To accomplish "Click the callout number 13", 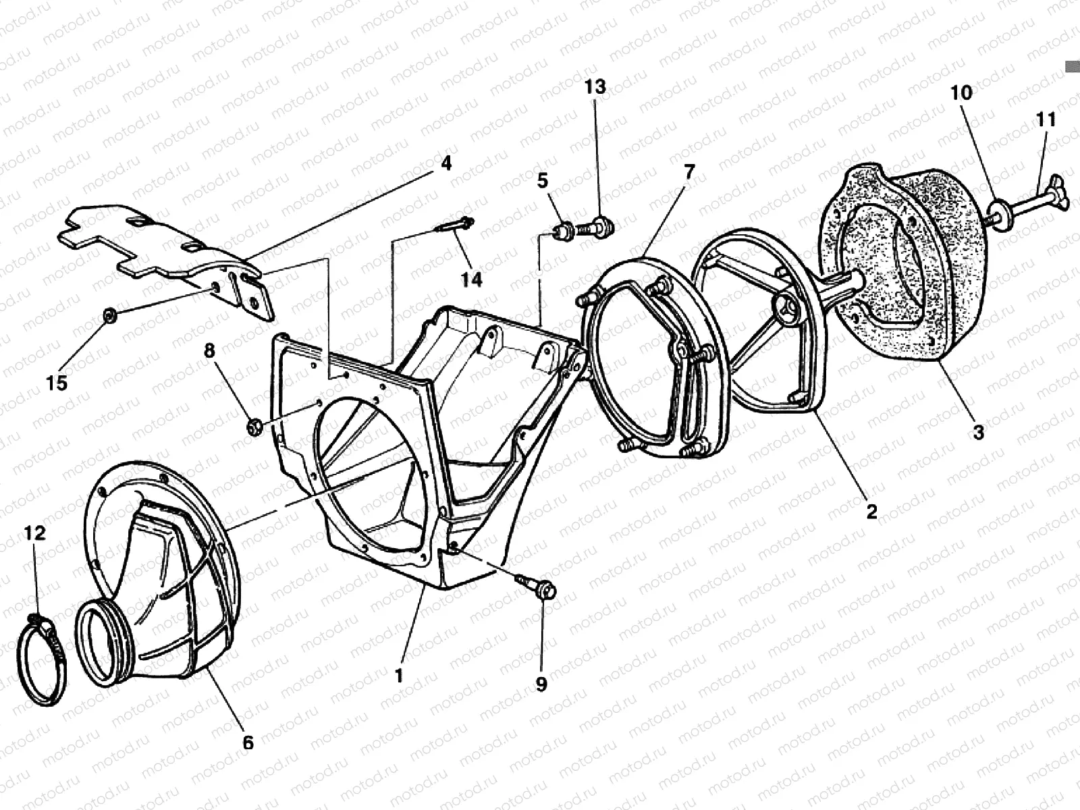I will (595, 87).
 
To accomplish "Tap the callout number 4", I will (447, 163).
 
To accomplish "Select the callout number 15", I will (57, 383).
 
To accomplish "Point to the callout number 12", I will (34, 533).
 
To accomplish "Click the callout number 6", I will (248, 742).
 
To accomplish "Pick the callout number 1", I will (399, 676).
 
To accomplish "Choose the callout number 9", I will (541, 684).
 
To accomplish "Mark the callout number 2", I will (871, 511).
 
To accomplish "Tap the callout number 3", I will (978, 432).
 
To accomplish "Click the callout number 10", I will (961, 93).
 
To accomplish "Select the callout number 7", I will (688, 172).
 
